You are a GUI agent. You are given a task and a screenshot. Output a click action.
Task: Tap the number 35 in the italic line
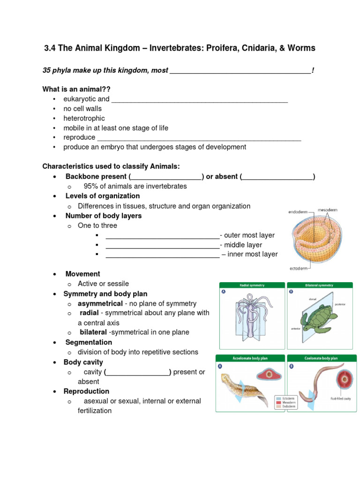tap(46, 70)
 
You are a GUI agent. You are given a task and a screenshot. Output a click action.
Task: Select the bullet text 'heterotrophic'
tap(84, 118)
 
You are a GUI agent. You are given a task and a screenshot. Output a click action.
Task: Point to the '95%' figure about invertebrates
tap(91, 186)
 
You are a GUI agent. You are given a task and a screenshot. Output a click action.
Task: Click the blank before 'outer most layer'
tap(162, 235)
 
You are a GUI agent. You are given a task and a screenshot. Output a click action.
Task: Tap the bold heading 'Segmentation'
tap(89, 342)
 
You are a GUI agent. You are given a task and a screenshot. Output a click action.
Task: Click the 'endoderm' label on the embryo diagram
tap(298, 212)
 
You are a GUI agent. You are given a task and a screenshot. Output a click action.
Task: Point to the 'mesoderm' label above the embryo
tap(327, 210)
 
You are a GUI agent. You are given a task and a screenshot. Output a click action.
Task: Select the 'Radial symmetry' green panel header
tap(251, 285)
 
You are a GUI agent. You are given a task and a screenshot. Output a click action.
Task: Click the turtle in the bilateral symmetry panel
tap(321, 320)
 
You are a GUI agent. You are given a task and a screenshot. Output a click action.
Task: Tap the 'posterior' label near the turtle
tap(340, 304)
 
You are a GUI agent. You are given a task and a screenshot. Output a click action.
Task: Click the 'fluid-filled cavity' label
tap(340, 399)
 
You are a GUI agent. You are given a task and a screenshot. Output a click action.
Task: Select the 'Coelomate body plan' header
tap(321, 358)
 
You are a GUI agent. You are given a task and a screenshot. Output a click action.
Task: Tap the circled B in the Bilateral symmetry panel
tap(291, 292)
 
